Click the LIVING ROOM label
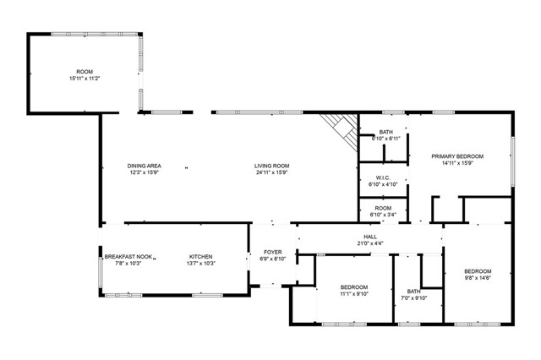click(x=272, y=166)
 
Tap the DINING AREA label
click(x=145, y=166)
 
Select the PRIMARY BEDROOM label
click(x=457, y=156)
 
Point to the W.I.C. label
click(x=383, y=178)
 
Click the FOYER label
click(x=273, y=253)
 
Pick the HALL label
click(x=370, y=237)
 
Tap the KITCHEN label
click(x=201, y=257)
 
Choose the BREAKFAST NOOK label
click(x=128, y=257)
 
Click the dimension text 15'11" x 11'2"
click(x=85, y=79)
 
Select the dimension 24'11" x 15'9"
click(x=272, y=172)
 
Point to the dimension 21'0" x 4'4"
click(x=370, y=243)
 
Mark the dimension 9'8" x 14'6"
click(x=478, y=277)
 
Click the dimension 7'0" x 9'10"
click(x=414, y=298)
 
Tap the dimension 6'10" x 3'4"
click(x=383, y=215)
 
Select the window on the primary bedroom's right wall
click(x=513, y=161)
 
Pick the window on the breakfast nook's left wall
click(x=100, y=272)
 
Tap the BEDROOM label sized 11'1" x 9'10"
click(x=354, y=287)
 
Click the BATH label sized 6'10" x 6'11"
click(x=386, y=132)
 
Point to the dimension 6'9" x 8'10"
click(x=273, y=259)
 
